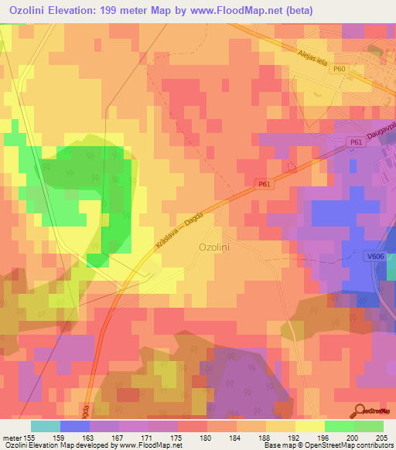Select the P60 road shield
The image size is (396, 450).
pyautogui.click(x=339, y=70)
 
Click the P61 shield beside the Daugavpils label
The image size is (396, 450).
pyautogui.click(x=356, y=142)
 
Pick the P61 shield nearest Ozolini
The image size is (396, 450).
pyautogui.click(x=264, y=184)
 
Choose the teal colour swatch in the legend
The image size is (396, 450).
pyautogui.click(x=45, y=425)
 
